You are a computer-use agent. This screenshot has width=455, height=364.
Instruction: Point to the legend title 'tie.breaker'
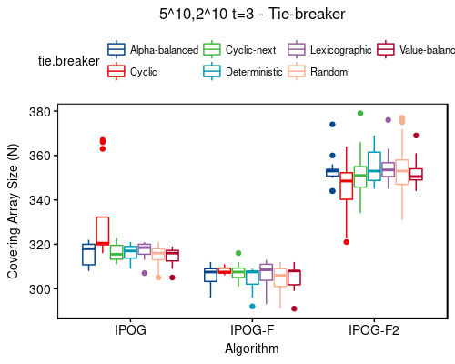click(65, 61)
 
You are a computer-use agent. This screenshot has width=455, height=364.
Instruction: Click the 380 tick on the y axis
click(43, 111)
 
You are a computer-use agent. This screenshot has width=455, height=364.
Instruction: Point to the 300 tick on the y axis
click(43, 289)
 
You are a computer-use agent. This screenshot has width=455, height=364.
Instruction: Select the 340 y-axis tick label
click(43, 200)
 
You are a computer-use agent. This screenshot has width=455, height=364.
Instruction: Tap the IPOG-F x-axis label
click(252, 329)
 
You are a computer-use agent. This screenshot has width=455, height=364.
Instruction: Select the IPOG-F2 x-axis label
click(373, 329)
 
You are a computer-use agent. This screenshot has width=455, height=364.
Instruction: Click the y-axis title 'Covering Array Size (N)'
click(13, 214)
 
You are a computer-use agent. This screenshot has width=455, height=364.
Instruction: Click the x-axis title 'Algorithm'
click(252, 348)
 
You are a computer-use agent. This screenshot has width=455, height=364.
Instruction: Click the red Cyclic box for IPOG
click(102, 231)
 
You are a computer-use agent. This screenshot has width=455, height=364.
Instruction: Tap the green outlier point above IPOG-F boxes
click(238, 253)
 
